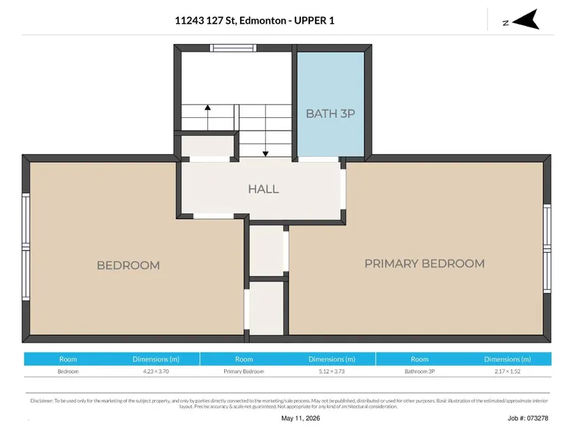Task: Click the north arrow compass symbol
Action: point(526,20)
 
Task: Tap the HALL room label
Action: point(263,189)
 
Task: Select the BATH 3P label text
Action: point(330,114)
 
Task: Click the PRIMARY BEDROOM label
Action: point(424,263)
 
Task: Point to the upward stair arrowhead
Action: point(208,107)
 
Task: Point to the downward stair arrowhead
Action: point(265,154)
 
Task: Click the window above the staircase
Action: point(233,48)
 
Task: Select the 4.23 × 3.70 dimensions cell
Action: point(156,371)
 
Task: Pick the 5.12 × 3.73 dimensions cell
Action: point(332,371)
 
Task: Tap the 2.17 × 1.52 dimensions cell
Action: point(508,371)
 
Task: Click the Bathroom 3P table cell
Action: point(420,371)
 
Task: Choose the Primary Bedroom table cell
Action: point(244,371)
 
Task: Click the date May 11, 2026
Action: point(300,418)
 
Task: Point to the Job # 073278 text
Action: point(528,418)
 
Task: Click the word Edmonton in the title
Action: point(263,20)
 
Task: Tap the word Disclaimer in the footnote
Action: point(41,401)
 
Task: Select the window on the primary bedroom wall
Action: point(547,248)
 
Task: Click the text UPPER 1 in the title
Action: point(314,20)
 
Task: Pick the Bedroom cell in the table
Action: point(68,371)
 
